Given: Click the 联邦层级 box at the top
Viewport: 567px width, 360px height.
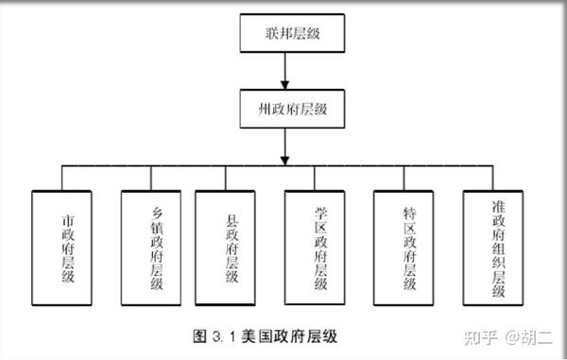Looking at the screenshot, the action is (292, 33).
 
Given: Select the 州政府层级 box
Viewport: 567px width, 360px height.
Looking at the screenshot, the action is (292, 109).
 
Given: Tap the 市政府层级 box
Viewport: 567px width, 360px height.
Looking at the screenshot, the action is (61, 248).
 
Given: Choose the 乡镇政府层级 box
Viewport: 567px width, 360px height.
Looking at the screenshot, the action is (151, 248).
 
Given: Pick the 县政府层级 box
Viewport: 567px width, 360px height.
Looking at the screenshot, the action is (225, 248).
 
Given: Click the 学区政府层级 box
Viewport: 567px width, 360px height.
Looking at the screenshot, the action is (315, 248).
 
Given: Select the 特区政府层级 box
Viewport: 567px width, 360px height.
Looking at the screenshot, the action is (404, 248).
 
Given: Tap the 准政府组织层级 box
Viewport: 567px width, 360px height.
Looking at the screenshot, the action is (493, 248).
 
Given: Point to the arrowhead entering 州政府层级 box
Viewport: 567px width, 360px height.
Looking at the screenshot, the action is (285, 85).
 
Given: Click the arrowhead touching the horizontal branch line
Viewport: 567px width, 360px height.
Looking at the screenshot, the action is (285, 161).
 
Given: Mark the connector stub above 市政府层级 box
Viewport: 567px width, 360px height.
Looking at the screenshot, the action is (61, 179).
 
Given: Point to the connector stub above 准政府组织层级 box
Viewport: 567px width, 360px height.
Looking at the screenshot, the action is (492, 179).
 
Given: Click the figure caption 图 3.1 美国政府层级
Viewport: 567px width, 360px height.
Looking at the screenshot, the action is (265, 336).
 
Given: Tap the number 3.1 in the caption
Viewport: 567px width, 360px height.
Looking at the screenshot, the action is (224, 337).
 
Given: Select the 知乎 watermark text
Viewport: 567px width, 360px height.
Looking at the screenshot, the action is (481, 337).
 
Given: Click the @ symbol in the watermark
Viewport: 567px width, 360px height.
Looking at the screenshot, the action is (512, 337).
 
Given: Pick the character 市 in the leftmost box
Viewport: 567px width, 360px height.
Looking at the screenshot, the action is (68, 220).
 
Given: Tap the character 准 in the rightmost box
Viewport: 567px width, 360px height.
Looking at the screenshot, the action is (498, 207).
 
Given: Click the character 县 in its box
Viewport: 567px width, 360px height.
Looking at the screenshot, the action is (232, 220).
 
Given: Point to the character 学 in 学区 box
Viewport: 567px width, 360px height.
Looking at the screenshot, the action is (320, 214).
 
